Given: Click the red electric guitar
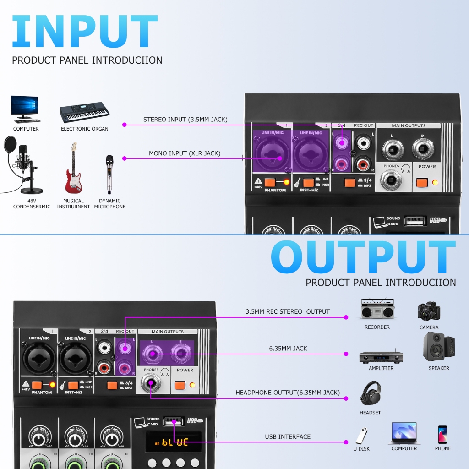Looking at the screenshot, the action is point(73,169).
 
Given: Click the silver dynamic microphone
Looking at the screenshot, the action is point(109,175).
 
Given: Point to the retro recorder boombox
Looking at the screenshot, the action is point(377,310).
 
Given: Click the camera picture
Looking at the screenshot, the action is point(429,311).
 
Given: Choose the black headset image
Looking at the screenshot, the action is point(370,394).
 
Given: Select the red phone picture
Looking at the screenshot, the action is point(442,434).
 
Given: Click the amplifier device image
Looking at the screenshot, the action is point(381,356).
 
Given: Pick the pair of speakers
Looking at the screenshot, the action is point(439,347).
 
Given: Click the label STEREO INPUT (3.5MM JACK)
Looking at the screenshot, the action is point(185,120).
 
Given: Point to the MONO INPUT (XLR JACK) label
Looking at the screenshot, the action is point(185,153).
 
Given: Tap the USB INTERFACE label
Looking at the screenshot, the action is point(288,436).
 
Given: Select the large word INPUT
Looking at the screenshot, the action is point(84,32).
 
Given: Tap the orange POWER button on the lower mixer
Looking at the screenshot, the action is point(180,385).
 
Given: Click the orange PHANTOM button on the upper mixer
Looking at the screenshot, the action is point(269,182).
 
